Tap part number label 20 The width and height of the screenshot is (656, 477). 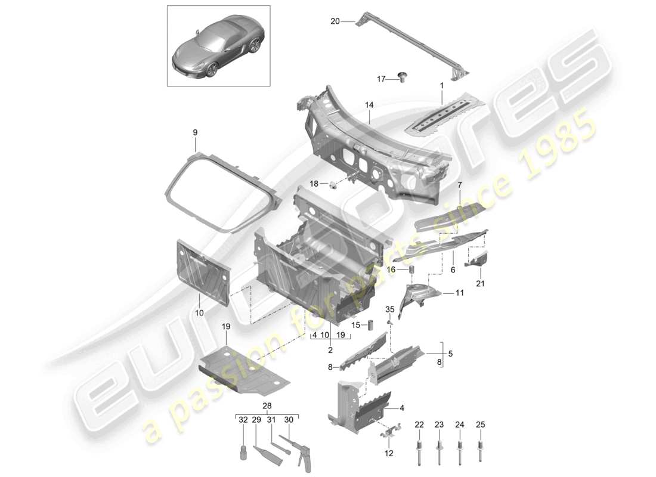(x=335, y=21)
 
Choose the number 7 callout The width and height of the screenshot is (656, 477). (x=460, y=185)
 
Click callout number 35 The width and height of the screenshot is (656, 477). (x=389, y=309)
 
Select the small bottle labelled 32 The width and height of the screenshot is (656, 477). (x=243, y=451)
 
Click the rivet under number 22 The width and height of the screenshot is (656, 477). (x=419, y=447)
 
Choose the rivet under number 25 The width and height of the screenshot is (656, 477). (x=481, y=447)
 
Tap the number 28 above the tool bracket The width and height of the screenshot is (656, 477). (x=267, y=407)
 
